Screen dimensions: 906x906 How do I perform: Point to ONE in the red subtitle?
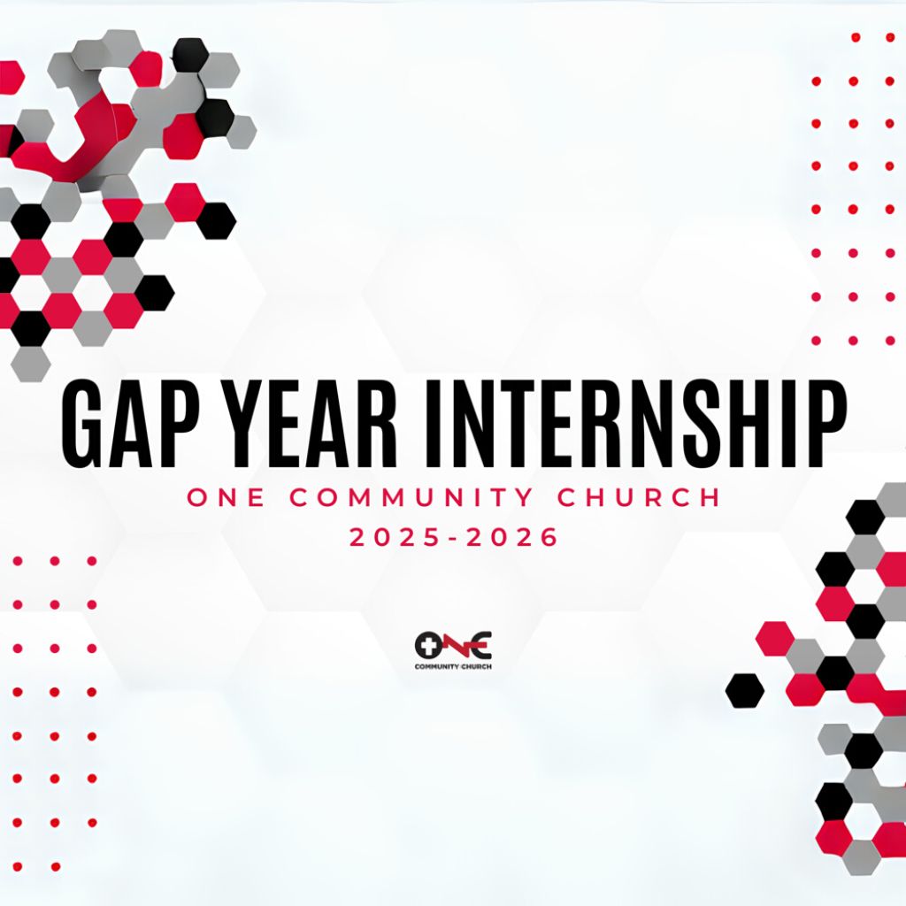[226, 497]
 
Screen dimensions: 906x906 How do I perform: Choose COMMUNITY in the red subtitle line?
[411, 497]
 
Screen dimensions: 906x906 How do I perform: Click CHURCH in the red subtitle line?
[639, 497]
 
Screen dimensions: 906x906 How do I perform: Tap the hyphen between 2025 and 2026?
[454, 539]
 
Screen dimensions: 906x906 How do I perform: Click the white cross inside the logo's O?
[428, 645]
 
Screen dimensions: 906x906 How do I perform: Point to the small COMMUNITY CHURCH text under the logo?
[453, 667]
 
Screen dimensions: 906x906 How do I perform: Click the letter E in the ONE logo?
[480, 645]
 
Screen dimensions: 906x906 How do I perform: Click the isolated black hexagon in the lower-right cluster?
[745, 690]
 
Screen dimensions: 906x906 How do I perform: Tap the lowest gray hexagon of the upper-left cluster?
[31, 364]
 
